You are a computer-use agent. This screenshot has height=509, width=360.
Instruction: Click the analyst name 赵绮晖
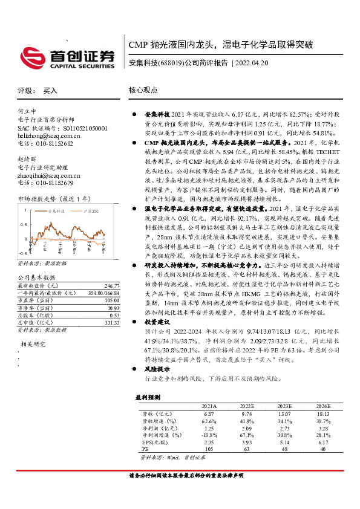(x=27, y=158)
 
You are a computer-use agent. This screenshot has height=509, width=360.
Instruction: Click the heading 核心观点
(x=143, y=90)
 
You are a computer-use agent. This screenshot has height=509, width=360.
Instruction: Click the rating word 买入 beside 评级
(x=49, y=91)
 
